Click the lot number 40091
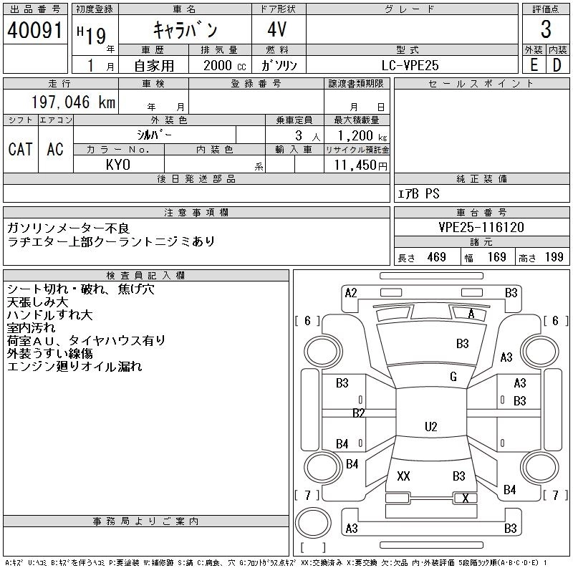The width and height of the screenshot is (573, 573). (x=34, y=29)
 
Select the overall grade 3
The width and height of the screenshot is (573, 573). (x=546, y=29)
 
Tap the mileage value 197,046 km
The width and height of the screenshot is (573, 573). (x=73, y=102)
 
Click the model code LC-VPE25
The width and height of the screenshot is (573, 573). (x=410, y=65)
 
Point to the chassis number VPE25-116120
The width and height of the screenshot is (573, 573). (x=481, y=227)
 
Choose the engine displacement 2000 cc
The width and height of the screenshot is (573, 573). (x=225, y=65)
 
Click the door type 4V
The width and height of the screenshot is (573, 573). (x=277, y=29)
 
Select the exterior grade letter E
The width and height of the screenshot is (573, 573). (x=534, y=65)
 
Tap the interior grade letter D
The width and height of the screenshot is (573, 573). (x=557, y=65)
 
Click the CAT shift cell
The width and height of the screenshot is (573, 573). (x=21, y=149)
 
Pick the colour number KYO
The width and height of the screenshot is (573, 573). (x=118, y=165)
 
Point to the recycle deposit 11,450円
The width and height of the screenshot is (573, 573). (x=361, y=165)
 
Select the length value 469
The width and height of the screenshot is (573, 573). (x=437, y=257)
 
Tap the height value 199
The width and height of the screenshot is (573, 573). (x=554, y=257)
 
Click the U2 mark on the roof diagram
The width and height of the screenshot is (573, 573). (x=431, y=426)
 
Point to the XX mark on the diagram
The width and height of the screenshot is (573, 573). (x=403, y=476)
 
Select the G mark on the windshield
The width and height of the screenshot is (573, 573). (x=453, y=377)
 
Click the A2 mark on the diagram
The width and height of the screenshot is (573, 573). (x=351, y=293)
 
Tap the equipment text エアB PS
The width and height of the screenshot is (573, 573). (x=418, y=193)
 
